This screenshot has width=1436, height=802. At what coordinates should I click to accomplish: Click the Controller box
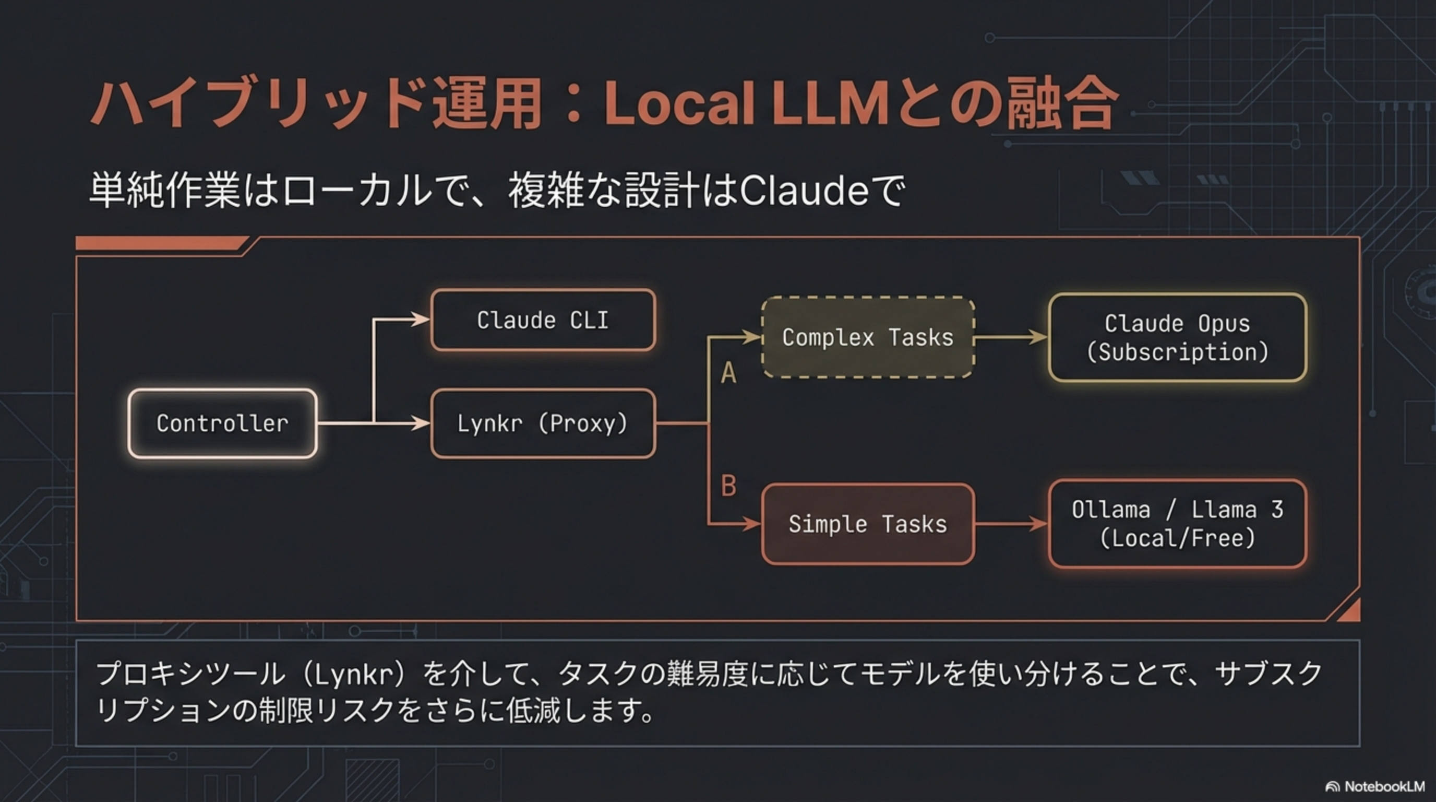pyautogui.click(x=222, y=423)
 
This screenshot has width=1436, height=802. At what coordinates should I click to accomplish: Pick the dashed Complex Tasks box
pyautogui.click(x=867, y=337)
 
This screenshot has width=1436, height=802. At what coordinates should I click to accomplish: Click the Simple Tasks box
pyautogui.click(x=867, y=524)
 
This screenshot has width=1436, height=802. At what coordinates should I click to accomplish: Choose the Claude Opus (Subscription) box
pyautogui.click(x=1177, y=337)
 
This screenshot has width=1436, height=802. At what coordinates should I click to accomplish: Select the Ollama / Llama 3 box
pyautogui.click(x=1177, y=524)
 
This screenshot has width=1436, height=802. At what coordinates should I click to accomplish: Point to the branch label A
pyautogui.click(x=728, y=373)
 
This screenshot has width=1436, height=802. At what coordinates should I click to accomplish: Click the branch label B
pyautogui.click(x=728, y=486)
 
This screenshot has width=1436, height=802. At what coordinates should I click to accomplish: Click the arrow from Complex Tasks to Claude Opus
pyautogui.click(x=1010, y=337)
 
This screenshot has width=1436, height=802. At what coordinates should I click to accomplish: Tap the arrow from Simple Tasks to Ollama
pyautogui.click(x=1010, y=524)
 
